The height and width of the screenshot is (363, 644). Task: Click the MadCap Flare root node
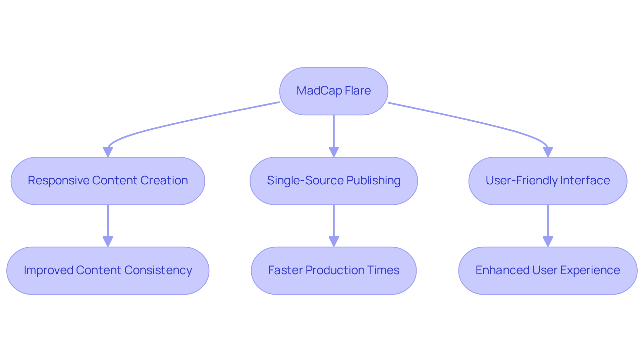click(334, 91)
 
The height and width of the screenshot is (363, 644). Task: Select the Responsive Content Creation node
click(108, 181)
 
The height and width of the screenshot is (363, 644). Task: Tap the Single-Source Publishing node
click(334, 181)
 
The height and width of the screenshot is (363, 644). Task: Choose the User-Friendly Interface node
click(548, 181)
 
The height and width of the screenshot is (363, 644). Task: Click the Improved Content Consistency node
click(108, 271)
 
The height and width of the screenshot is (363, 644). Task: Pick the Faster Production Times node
click(334, 271)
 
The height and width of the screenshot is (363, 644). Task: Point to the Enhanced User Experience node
click(548, 271)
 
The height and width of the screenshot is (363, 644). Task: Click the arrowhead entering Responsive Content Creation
click(108, 152)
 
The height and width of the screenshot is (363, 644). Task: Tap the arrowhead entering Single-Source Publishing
click(334, 152)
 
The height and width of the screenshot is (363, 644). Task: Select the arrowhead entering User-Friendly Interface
click(548, 152)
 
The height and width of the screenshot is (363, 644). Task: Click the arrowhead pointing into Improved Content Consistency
click(108, 242)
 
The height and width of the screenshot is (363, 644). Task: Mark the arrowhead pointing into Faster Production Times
click(334, 242)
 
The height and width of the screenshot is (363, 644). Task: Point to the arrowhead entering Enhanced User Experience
click(548, 242)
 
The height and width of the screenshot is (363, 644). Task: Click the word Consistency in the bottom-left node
click(158, 270)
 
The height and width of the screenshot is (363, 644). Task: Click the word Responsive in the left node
click(58, 181)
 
